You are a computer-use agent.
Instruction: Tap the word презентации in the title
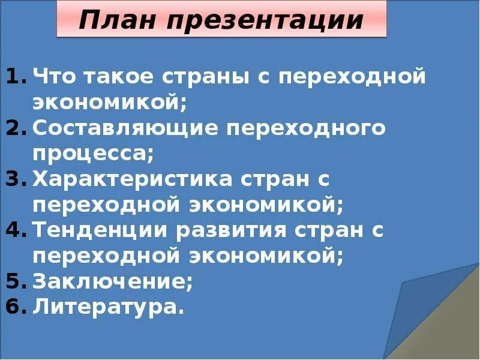click(x=262, y=22)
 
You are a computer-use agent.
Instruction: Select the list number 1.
click(x=15, y=77)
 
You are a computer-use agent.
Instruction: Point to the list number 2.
click(x=15, y=128)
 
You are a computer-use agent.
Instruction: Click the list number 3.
click(x=15, y=179)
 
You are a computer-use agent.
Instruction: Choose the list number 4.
click(x=15, y=230)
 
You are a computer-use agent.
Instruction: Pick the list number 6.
click(x=15, y=307)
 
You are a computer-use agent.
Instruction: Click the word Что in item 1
click(x=55, y=77)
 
